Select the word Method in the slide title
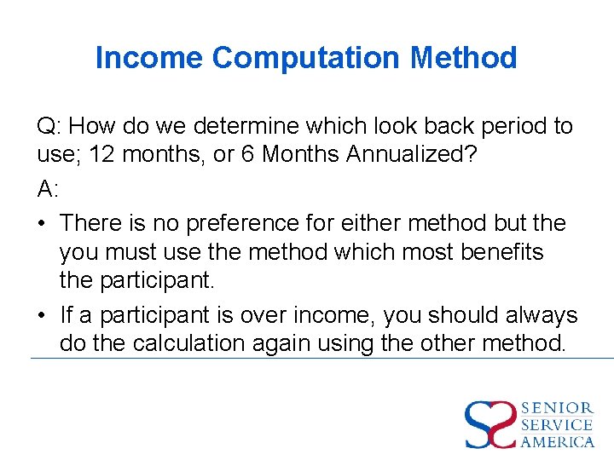[x=464, y=58]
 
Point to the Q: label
[x=49, y=126]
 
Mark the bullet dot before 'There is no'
[x=42, y=223]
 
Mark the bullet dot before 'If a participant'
[x=42, y=315]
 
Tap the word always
[x=536, y=315]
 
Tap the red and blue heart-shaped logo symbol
[x=490, y=424]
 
